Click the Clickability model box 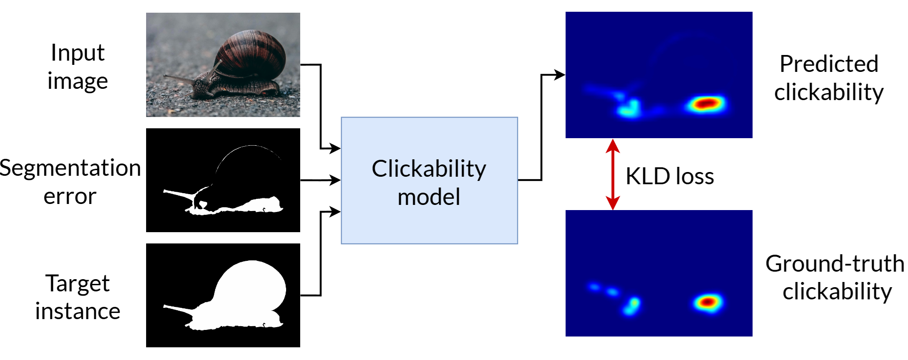pyautogui.click(x=429, y=180)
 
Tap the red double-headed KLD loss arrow pyautogui.click(x=613, y=174)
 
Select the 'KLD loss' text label pyautogui.click(x=669, y=176)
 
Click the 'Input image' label pyautogui.click(x=78, y=67)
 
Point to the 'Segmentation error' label pyautogui.click(x=70, y=181)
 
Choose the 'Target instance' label pyautogui.click(x=78, y=297)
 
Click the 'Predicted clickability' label pyautogui.click(x=829, y=78)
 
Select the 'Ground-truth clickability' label pyautogui.click(x=835, y=277)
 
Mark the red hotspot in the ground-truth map pyautogui.click(x=707, y=302)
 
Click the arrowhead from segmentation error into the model pyautogui.click(x=335, y=180)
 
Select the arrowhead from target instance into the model pyautogui.click(x=335, y=212)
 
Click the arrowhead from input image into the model pyautogui.click(x=335, y=149)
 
